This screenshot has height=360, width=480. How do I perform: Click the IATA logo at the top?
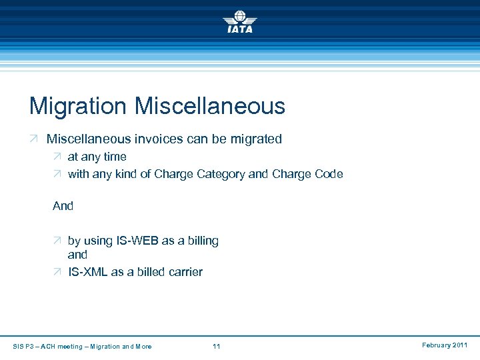(x=239, y=21)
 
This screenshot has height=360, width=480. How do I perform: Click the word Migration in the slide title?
(x=78, y=106)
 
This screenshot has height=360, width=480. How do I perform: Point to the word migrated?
(x=255, y=139)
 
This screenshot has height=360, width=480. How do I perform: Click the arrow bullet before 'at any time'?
(x=57, y=157)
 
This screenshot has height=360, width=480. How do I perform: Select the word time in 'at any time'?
(x=115, y=157)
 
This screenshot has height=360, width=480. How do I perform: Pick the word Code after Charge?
(x=329, y=174)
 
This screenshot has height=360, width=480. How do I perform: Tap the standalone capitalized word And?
(x=63, y=206)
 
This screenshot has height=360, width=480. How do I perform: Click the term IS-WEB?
(x=137, y=241)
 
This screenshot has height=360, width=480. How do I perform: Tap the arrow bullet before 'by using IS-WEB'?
(x=57, y=241)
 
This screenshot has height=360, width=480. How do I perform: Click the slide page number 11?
(x=216, y=346)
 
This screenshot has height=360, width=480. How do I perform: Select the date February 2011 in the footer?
(x=445, y=345)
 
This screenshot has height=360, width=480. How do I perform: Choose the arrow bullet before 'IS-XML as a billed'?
(x=57, y=272)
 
